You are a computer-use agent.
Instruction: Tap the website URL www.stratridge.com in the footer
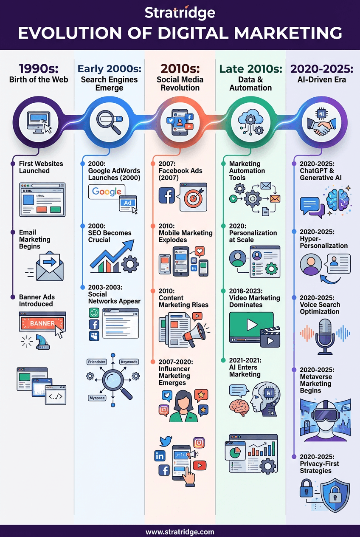pyautogui.click(x=180, y=531)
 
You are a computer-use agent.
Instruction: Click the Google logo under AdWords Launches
pyautogui.click(x=107, y=192)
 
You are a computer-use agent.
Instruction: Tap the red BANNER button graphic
pyautogui.click(x=42, y=323)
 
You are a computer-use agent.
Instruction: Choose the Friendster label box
pyautogui.click(x=97, y=362)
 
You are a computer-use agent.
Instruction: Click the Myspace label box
pyautogui.click(x=97, y=398)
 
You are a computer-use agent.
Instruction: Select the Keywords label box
pyautogui.click(x=129, y=362)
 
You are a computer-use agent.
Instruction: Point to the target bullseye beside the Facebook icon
pyautogui.click(x=193, y=197)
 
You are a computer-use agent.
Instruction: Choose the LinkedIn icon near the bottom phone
pyautogui.click(x=160, y=456)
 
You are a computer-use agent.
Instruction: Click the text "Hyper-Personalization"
pyautogui.click(x=323, y=242)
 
